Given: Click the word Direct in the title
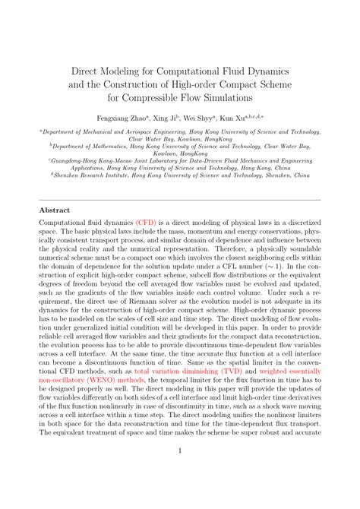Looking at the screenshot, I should pyautogui.click(x=84, y=69).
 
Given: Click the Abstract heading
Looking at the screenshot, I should pyautogui.click(x=56, y=210).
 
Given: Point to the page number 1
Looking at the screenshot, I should pyautogui.click(x=180, y=471).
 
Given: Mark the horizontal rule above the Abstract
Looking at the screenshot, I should pyautogui.click(x=180, y=200).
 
